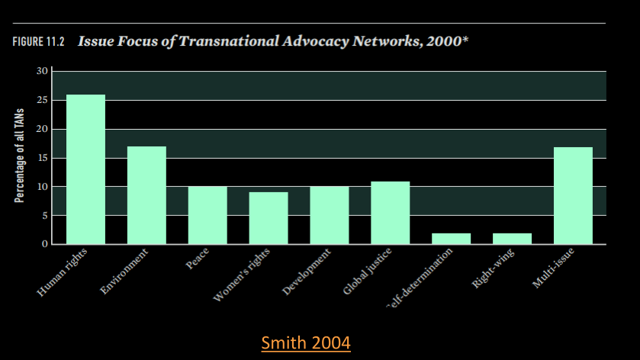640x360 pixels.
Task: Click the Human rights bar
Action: coord(85,169)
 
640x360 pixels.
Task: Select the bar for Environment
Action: coord(146,195)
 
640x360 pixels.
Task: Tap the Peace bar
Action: coord(207,215)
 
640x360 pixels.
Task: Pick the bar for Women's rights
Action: coord(269,218)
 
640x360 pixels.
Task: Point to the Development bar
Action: coord(330,215)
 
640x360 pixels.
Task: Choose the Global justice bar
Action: coord(391,213)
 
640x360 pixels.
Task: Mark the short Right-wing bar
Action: coord(512,239)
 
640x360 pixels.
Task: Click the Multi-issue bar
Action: coord(573,195)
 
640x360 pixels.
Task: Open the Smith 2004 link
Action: coord(306,343)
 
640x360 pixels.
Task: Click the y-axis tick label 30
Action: coord(43,71)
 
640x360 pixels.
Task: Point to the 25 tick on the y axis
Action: coord(43,100)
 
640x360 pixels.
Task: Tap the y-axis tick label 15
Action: coord(43,158)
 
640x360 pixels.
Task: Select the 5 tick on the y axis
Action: coord(45,216)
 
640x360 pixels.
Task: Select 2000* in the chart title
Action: coord(445,40)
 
